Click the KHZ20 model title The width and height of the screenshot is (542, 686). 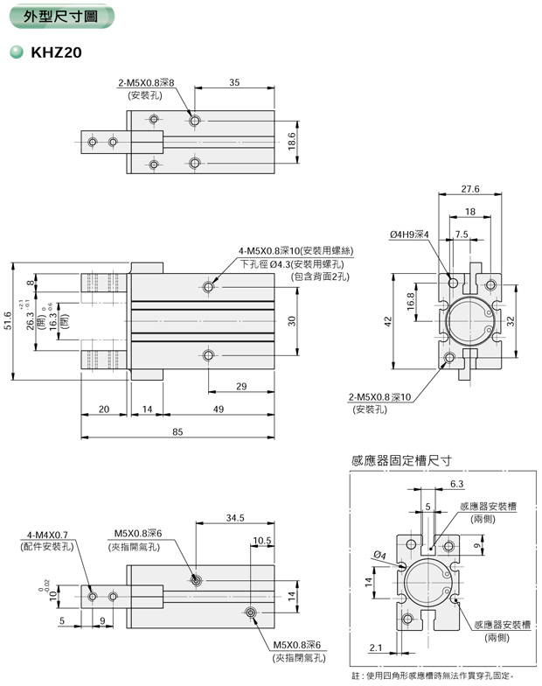57,52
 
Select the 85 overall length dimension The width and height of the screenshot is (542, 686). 177,430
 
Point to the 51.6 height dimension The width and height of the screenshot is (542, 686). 10,322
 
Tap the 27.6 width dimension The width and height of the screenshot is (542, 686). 471,188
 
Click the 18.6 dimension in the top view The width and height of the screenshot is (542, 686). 293,140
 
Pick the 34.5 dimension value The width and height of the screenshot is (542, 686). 235,518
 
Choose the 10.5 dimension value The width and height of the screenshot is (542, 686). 261,540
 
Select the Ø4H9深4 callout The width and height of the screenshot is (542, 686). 409,234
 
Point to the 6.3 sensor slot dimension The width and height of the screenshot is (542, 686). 457,483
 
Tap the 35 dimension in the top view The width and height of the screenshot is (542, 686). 234,82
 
